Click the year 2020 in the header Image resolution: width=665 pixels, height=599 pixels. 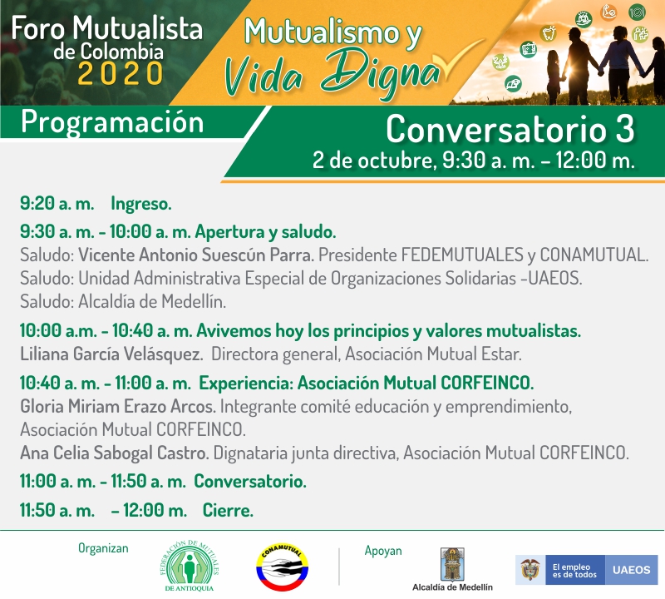(x=120, y=73)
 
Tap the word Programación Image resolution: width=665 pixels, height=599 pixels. (x=112, y=122)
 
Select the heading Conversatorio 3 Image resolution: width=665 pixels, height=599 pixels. (x=510, y=129)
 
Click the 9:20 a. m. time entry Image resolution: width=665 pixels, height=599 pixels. (x=57, y=203)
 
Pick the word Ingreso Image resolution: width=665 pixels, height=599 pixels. (x=141, y=204)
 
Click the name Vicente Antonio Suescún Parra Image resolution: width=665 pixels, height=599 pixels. (x=196, y=255)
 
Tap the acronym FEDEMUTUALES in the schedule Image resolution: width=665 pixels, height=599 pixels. (x=462, y=255)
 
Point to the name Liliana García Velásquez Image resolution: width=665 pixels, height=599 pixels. (x=111, y=354)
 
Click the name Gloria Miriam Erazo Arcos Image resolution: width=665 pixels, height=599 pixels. (x=118, y=406)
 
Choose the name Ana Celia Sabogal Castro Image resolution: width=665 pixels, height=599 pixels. (x=115, y=453)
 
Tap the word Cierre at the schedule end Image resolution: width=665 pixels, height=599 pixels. (x=228, y=510)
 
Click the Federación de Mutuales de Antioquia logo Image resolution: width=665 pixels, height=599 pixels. (x=190, y=566)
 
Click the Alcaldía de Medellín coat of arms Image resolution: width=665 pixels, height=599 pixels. (x=452, y=564)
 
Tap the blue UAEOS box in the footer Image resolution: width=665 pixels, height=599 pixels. (x=631, y=570)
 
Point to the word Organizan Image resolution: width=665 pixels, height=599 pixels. (x=103, y=548)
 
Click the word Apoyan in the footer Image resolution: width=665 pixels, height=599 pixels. (x=383, y=551)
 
